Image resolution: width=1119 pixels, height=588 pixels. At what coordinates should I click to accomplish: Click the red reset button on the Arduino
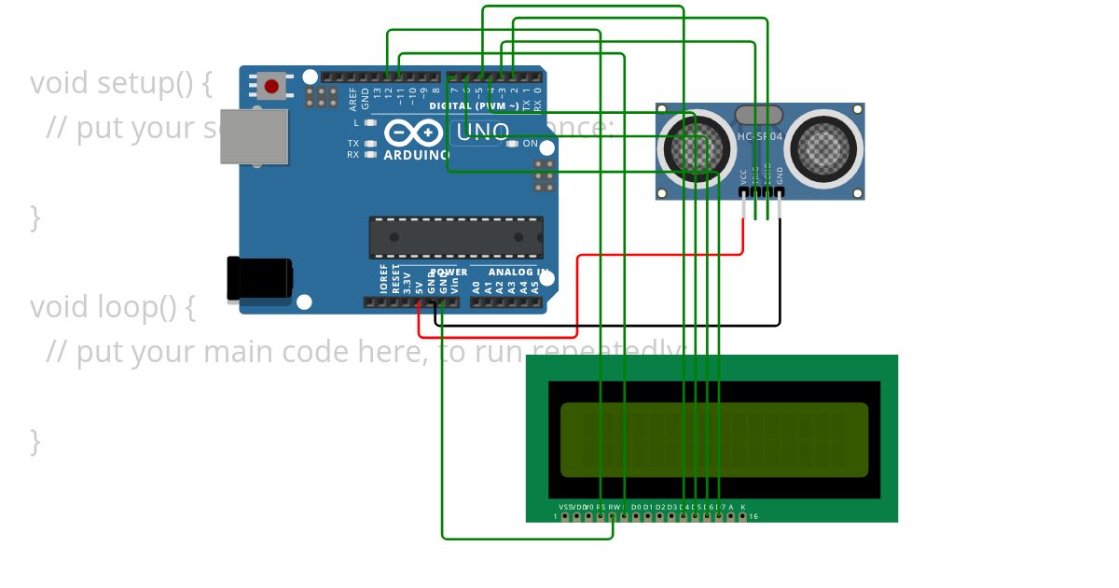pos(271,87)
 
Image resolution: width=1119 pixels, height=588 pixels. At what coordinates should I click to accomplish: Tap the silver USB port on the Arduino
pos(254,136)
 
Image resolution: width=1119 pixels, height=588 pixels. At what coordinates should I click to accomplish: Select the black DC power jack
pos(259,279)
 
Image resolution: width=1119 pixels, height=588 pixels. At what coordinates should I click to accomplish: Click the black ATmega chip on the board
pos(456,237)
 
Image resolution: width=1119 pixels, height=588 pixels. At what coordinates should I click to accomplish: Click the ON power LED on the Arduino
pos(512,144)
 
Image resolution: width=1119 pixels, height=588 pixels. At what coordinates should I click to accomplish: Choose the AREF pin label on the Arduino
pos(353,94)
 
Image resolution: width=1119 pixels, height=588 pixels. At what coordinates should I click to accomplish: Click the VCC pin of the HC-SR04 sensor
pos(743,192)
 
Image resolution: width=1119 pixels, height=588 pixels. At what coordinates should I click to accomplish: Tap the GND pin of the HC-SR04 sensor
pos(780,192)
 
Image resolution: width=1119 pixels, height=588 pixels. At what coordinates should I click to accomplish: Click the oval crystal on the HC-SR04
pos(757,115)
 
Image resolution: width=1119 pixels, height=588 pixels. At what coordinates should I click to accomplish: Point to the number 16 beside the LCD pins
pos(753,516)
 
